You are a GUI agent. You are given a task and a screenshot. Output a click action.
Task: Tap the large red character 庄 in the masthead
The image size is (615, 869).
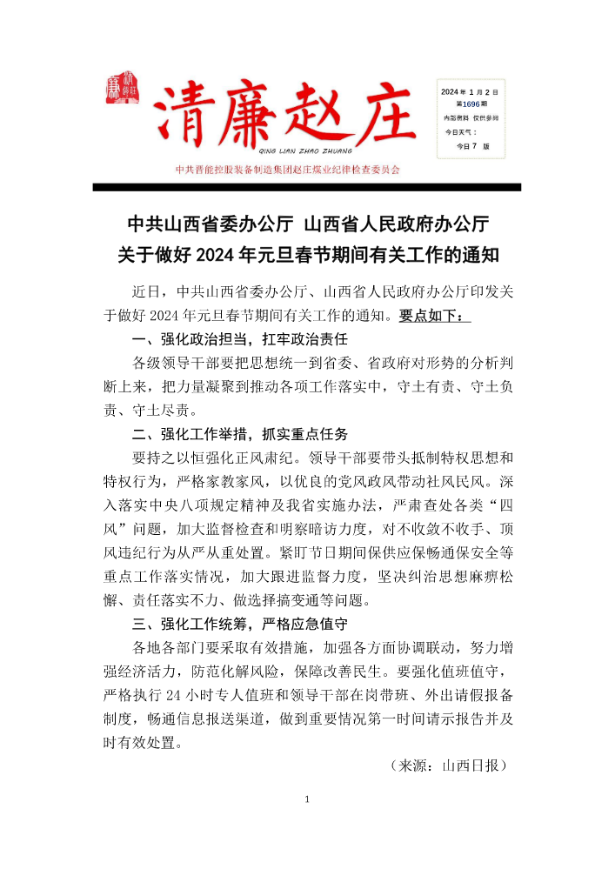click(x=385, y=117)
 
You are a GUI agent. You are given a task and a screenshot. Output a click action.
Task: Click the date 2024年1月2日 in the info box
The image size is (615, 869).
click(x=469, y=90)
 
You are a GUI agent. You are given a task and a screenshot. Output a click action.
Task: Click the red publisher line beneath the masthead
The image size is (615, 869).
click(x=287, y=170)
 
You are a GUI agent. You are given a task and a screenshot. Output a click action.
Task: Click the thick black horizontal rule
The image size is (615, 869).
click(x=306, y=187)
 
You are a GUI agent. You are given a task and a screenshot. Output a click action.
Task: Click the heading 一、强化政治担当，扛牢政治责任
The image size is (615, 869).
click(x=239, y=339)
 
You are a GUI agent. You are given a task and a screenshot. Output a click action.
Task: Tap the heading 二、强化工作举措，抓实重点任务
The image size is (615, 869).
click(x=239, y=433)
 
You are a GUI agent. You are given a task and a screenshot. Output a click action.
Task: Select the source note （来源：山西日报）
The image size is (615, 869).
click(x=449, y=765)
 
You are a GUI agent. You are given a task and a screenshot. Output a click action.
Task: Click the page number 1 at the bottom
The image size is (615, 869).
click(x=307, y=799)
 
